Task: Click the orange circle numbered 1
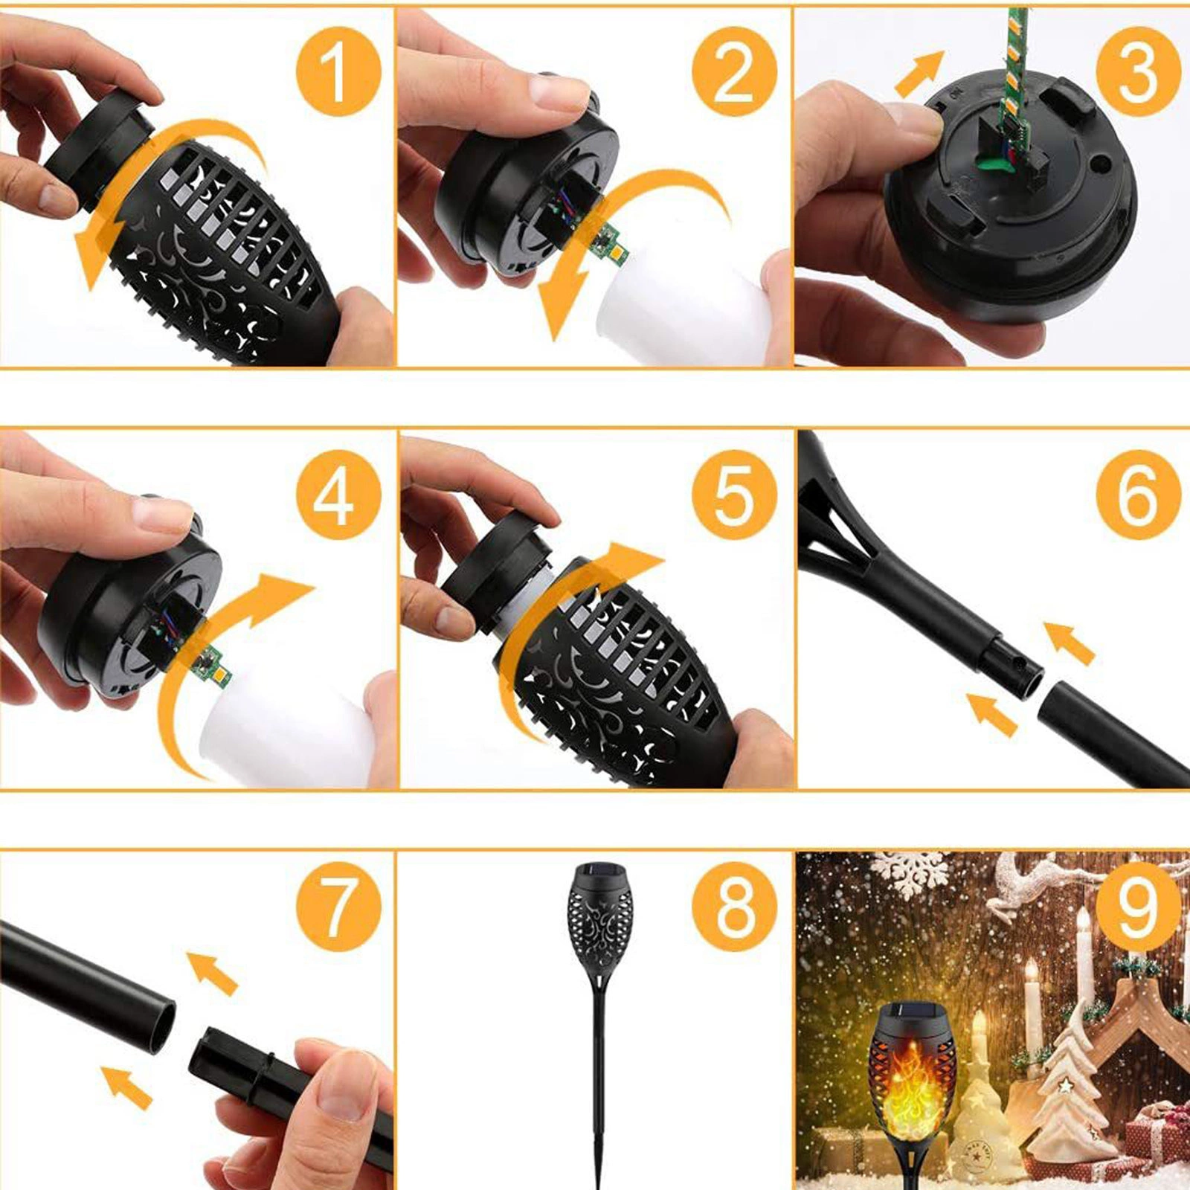point(338,72)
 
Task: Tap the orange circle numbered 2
point(735,72)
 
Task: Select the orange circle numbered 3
point(1139,72)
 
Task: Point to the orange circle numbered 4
point(338,495)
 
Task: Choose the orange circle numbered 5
point(735,495)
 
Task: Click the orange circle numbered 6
point(1139,495)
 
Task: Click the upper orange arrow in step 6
point(1069,642)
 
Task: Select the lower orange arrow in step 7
point(126,1087)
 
